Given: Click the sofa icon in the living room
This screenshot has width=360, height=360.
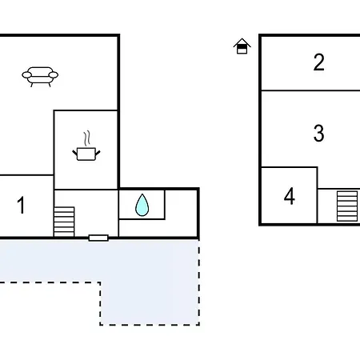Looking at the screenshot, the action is click(40, 77).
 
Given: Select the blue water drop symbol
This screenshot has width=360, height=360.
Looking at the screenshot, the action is click(142, 205).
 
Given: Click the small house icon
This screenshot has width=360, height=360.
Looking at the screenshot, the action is click(242, 46).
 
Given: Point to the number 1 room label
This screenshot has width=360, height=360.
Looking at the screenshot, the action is click(21, 205).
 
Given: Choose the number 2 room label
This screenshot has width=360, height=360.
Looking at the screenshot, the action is click(319, 62).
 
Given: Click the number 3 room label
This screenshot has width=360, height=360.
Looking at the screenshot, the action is click(319, 133).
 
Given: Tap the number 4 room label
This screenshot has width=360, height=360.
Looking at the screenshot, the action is click(290, 196).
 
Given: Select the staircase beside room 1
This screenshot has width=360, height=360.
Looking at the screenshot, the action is click(64, 222).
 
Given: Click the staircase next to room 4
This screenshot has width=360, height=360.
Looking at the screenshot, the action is click(347, 206).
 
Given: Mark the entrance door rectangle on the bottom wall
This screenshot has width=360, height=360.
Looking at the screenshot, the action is click(98, 238).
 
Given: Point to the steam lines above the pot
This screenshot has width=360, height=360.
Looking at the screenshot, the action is click(87, 138).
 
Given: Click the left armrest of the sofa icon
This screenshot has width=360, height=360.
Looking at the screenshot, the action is click(26, 75).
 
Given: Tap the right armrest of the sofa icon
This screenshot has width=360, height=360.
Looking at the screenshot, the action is click(54, 75).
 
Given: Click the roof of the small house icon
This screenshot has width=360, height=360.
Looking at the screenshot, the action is click(242, 42).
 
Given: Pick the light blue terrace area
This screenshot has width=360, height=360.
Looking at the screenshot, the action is click(150, 282).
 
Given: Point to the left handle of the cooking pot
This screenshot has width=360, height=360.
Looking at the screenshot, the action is click(75, 153).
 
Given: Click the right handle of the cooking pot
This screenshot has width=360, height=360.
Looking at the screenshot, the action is click(98, 153).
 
